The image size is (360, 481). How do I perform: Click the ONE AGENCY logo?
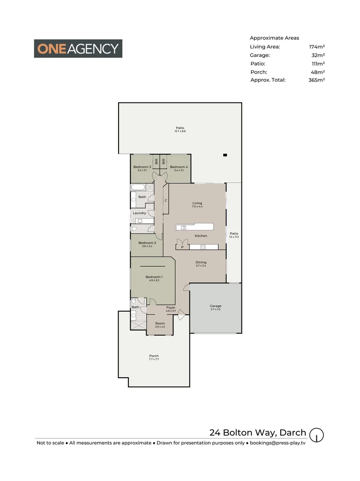click(x=78, y=49)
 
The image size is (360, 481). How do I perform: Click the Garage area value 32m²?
click(x=318, y=55)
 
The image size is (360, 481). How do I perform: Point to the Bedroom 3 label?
click(x=142, y=167)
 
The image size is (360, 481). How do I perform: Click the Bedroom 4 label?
click(x=179, y=167)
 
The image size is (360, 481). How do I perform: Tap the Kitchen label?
click(x=201, y=236)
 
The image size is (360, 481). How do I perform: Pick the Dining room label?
click(x=201, y=262)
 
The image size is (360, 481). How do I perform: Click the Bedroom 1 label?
click(x=154, y=277)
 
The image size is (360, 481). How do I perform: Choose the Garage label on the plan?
click(x=216, y=306)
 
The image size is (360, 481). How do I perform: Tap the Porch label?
click(x=154, y=356)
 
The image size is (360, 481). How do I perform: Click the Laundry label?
click(x=139, y=213)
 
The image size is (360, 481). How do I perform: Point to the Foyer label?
click(x=171, y=307)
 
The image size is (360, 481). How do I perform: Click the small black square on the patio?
click(x=225, y=155)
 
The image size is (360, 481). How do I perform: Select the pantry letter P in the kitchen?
click(x=182, y=247)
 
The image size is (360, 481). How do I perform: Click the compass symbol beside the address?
click(x=316, y=434)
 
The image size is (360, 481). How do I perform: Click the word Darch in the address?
click(x=293, y=432)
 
